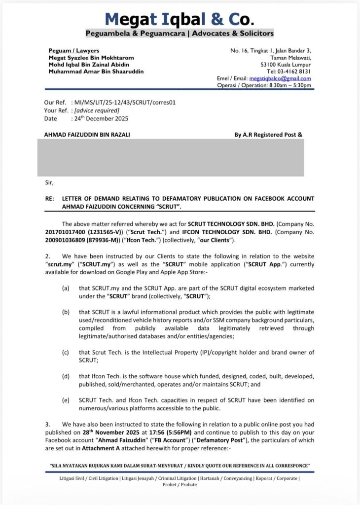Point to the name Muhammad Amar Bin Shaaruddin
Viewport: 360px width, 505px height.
tap(96, 72)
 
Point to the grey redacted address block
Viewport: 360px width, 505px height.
tap(170, 157)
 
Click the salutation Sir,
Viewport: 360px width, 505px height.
tap(49, 182)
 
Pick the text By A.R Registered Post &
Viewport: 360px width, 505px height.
tap(268, 134)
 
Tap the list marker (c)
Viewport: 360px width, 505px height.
tap(66, 352)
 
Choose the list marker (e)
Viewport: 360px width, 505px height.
tap(66, 400)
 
